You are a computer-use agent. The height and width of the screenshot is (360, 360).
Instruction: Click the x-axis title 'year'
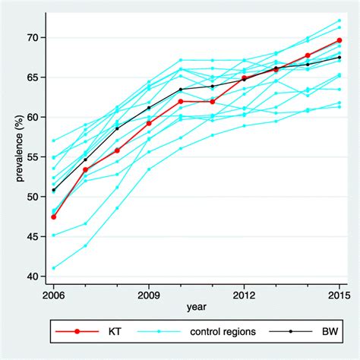pyautogui.click(x=195, y=308)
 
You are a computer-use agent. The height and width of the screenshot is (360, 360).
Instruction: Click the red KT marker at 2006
pyautogui.click(x=52, y=216)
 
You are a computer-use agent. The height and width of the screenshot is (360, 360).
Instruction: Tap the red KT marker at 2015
pyautogui.click(x=339, y=40)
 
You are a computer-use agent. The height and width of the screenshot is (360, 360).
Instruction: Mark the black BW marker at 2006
pyautogui.click(x=52, y=190)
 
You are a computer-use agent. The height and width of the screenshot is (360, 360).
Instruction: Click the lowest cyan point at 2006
pyautogui.click(x=52, y=267)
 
